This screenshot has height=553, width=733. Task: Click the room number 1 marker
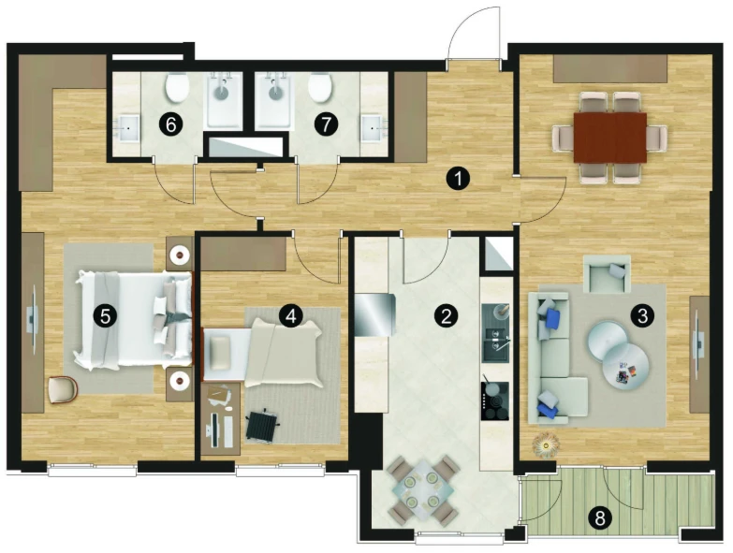point(458,179)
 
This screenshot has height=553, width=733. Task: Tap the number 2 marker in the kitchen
point(446,316)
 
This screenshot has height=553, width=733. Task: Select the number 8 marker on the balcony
point(600,518)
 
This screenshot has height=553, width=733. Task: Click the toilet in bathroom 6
point(177,88)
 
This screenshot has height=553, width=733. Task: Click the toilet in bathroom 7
point(320,88)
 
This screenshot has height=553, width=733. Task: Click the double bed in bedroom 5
point(134,319)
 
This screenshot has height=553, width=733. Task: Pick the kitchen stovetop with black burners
point(495,401)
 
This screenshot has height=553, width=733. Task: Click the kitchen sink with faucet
point(495,344)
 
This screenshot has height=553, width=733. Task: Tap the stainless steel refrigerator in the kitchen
point(375,314)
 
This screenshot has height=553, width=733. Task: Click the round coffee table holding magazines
point(625,363)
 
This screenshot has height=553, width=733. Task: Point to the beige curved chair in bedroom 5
point(63,389)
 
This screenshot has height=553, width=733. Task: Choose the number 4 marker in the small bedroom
point(291,316)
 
